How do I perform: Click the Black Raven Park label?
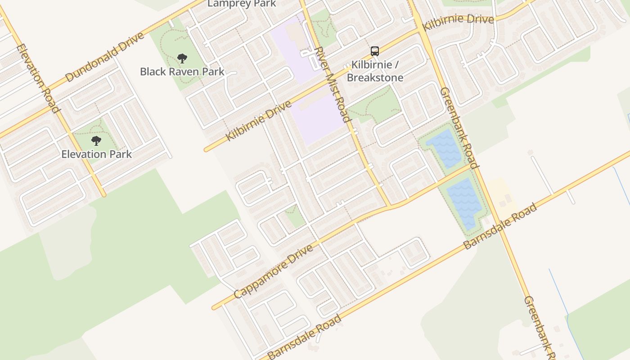182,72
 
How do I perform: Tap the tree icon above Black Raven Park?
182,58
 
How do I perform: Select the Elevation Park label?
96,154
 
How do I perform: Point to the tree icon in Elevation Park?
96,141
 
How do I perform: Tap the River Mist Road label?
333,84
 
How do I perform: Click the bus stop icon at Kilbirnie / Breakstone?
375,51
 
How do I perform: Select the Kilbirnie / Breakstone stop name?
375,71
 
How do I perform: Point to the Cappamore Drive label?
273,272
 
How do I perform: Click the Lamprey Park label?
242,4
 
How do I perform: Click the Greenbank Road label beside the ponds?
459,127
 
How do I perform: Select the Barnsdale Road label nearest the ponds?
500,226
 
